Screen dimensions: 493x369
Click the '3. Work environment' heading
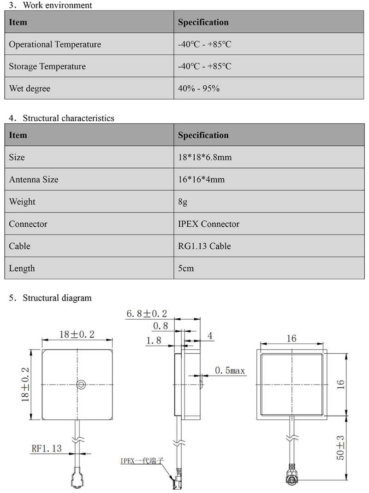point(51,6)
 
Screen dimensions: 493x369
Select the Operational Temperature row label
point(55,45)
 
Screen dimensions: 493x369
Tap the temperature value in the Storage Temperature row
point(204,66)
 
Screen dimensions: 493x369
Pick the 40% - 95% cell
point(198,88)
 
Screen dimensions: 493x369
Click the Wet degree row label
point(30,88)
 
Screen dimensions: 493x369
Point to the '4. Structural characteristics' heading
point(62,118)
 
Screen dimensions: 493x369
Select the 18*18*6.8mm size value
point(205,158)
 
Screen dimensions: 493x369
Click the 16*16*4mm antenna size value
point(201,180)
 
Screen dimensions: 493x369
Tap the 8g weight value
point(183,202)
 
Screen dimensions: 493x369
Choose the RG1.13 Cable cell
point(204,246)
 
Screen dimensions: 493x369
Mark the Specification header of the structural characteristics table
point(203,135)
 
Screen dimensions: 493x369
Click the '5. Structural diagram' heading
point(51,298)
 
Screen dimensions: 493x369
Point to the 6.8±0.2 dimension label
point(147,314)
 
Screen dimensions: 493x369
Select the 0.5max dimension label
point(229,370)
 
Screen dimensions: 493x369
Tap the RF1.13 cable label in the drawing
point(46,448)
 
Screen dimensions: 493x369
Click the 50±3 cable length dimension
point(340,447)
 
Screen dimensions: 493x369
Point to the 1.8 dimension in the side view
point(154,340)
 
